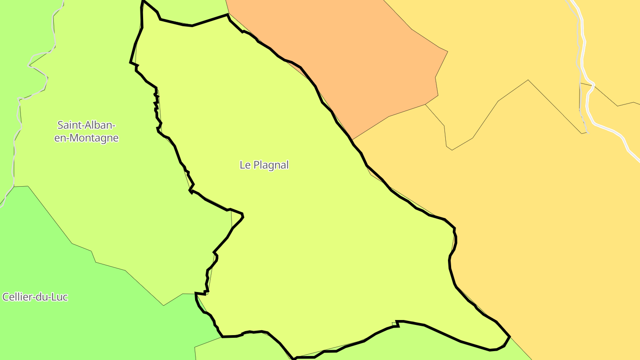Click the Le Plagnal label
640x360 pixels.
pyautogui.click(x=264, y=165)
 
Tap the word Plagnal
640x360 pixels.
pyautogui.click(x=271, y=165)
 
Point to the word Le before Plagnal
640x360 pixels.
pyautogui.click(x=245, y=165)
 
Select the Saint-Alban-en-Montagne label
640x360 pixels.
pyautogui.click(x=87, y=132)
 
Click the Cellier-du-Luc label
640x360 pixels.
pyautogui.click(x=35, y=297)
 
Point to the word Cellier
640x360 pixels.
pyautogui.click(x=17, y=297)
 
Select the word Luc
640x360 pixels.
pyautogui.click(x=59, y=297)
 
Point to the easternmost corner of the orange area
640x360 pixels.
pyautogui.click(x=447, y=52)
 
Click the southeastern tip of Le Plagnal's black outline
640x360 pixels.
pyautogui.click(x=509, y=336)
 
